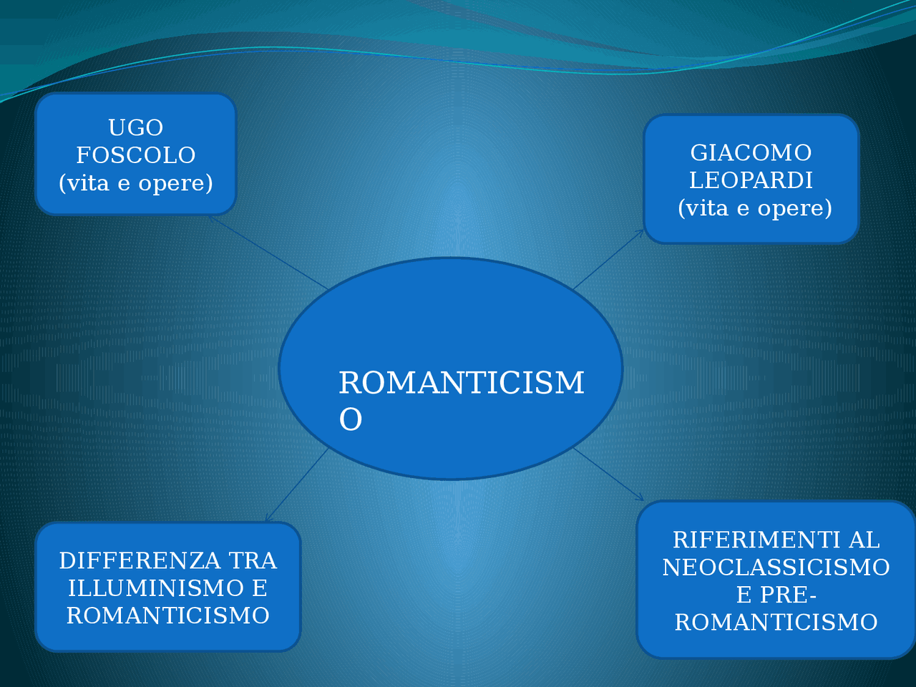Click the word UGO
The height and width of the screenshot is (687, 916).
[x=136, y=127]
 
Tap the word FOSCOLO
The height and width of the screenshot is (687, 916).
[x=136, y=155]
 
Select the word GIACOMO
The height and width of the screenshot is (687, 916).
[x=751, y=152]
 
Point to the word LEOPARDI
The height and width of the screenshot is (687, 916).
[x=751, y=180]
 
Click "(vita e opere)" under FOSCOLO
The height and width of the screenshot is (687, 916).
[x=136, y=183]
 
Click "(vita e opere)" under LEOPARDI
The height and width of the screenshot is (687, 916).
[x=755, y=208]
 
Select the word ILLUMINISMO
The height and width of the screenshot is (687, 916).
[x=156, y=588]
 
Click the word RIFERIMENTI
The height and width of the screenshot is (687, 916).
[x=750, y=540]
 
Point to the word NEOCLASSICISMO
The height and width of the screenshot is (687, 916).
[x=776, y=567]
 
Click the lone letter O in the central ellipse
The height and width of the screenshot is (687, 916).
[x=350, y=419]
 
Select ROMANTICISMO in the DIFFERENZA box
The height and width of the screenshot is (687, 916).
[x=167, y=615]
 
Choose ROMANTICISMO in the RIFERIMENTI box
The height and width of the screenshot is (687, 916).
[x=776, y=623]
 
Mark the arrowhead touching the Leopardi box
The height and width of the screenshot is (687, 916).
[x=640, y=233]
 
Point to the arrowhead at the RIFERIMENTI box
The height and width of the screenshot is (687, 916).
[x=640, y=497]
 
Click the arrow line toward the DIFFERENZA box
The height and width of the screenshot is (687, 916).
[x=297, y=485]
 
